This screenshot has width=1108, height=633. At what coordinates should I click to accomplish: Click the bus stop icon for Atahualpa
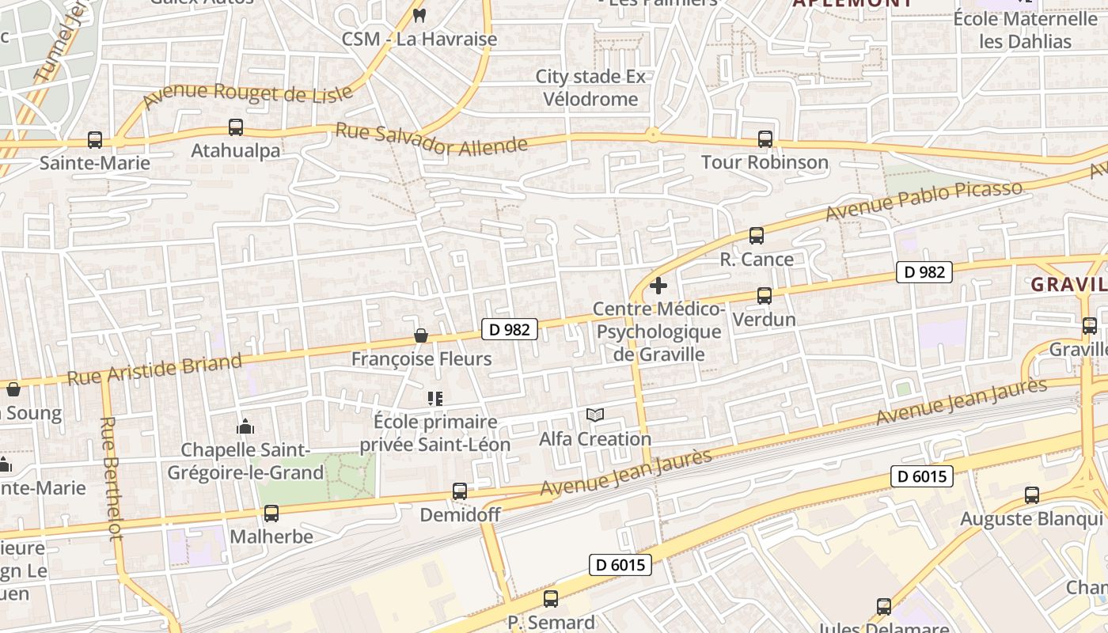(235, 127)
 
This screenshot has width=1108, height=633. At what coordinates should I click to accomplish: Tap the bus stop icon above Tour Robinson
(765, 138)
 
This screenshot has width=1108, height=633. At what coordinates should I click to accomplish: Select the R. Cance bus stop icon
(756, 235)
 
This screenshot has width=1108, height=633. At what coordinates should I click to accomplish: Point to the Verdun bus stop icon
(764, 295)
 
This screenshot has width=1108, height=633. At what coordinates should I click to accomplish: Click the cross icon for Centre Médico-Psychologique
(658, 286)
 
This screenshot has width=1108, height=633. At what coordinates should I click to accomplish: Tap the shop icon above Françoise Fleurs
(421, 336)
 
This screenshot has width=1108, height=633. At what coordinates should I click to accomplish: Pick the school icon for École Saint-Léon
(434, 399)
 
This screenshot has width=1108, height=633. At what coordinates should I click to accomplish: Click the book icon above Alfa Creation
(595, 415)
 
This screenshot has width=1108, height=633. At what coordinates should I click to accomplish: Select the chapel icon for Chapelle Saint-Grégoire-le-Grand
(245, 426)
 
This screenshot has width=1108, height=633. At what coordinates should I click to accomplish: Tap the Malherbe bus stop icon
(271, 513)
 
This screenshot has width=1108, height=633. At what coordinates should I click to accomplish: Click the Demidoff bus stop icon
(460, 491)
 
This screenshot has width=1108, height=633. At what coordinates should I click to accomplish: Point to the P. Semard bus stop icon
(551, 598)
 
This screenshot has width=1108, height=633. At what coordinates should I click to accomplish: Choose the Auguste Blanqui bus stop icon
(1031, 495)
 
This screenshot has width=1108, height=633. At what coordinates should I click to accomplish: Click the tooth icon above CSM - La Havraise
(419, 14)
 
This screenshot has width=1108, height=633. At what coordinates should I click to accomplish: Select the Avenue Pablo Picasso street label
(923, 201)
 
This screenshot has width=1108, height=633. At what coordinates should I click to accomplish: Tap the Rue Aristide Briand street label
(154, 370)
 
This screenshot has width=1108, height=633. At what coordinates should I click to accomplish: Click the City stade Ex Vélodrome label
(590, 88)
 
